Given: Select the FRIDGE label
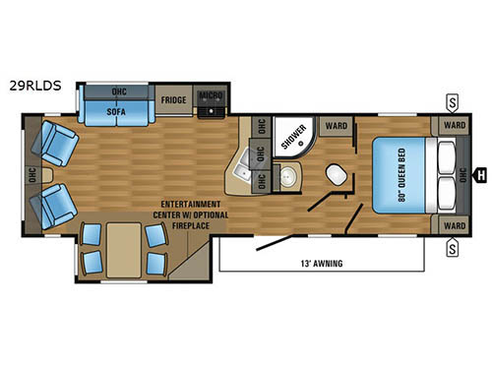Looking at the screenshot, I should click(x=173, y=100).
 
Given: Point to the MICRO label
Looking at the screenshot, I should click(x=210, y=94).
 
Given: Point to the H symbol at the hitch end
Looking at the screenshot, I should click(x=482, y=176).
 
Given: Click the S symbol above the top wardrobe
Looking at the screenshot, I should click(x=452, y=99).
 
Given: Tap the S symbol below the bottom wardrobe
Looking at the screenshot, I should click(x=452, y=250).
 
